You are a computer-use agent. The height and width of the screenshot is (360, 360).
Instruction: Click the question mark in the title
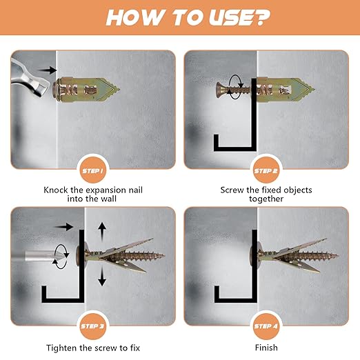coord(260,17)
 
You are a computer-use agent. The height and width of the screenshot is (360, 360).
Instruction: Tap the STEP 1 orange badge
coord(92,170)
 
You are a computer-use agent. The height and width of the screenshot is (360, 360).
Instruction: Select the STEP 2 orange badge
coord(266,170)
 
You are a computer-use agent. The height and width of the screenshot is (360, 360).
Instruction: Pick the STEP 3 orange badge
coord(92,326)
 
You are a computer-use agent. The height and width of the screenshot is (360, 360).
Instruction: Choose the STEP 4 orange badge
coord(266,326)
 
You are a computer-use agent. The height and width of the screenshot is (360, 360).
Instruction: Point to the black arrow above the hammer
coord(48,70)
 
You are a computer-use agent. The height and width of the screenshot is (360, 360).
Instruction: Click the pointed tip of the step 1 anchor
coord(119,90)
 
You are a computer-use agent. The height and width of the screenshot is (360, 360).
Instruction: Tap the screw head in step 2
coord(219,90)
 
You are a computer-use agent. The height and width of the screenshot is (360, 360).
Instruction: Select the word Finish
coord(266,348)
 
